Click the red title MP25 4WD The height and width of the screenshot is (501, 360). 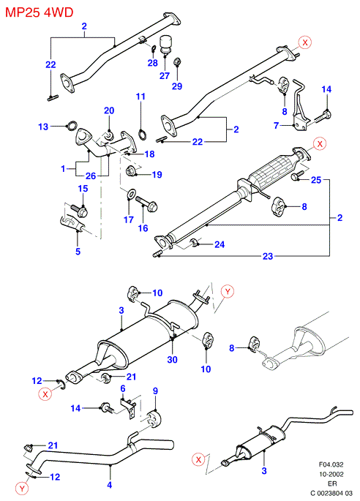pyautogui.click(x=40, y=12)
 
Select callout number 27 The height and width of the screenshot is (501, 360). pyautogui.click(x=165, y=75)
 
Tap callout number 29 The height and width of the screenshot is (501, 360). pyautogui.click(x=177, y=86)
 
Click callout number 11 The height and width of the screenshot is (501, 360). pyautogui.click(x=140, y=96)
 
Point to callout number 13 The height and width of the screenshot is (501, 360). pyautogui.click(x=43, y=127)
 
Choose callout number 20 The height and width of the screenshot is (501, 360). pyautogui.click(x=109, y=110)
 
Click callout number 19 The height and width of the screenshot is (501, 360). pyautogui.click(x=157, y=175)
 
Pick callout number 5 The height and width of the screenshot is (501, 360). pyautogui.click(x=78, y=252)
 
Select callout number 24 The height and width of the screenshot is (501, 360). pyautogui.click(x=220, y=244)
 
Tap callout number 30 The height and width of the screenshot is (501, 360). pyautogui.click(x=173, y=359)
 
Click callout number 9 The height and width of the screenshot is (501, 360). pyautogui.click(x=155, y=391)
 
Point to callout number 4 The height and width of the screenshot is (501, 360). pyautogui.click(x=109, y=485)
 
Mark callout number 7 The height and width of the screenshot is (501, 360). pyautogui.click(x=277, y=126)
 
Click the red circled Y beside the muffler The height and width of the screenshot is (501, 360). pyautogui.click(x=228, y=291)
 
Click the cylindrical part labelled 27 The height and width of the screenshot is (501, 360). pyautogui.click(x=165, y=43)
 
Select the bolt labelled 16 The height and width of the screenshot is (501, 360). pyautogui.click(x=146, y=203)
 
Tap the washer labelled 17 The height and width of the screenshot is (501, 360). pyautogui.click(x=132, y=193)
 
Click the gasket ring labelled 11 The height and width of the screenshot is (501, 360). pyautogui.click(x=143, y=135)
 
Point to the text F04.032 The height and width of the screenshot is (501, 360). pyautogui.click(x=331, y=464)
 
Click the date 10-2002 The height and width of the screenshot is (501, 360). pyautogui.click(x=331, y=474)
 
